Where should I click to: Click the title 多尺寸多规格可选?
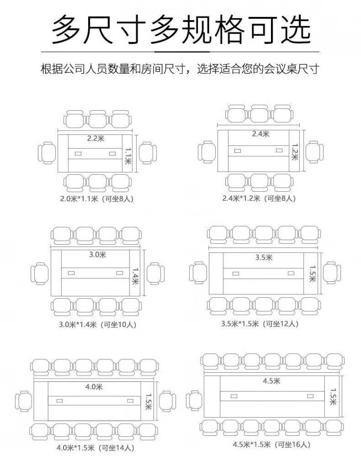coord(181,30)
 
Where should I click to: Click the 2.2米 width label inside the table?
coord(96,139)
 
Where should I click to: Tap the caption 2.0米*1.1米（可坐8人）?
coord(97,199)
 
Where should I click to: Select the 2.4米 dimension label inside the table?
coord(260,134)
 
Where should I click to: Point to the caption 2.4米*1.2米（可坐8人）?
coord(259,198)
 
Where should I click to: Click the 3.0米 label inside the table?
coord(97,255)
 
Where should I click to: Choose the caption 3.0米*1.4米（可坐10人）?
coord(97,325)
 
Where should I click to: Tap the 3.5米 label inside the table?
coord(264,257)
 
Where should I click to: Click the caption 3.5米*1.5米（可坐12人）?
coord(260,324)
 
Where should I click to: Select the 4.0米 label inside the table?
coord(94,387)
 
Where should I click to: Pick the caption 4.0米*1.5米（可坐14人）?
coord(95,448)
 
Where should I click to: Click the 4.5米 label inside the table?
coord(271,381)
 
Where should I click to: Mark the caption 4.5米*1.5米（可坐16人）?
coord(271,444)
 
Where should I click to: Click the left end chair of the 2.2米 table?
coord(47,153)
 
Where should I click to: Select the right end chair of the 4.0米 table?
coord(168,401)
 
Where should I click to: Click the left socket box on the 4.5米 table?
coord(234,396)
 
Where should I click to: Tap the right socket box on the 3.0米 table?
coord(120,273)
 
